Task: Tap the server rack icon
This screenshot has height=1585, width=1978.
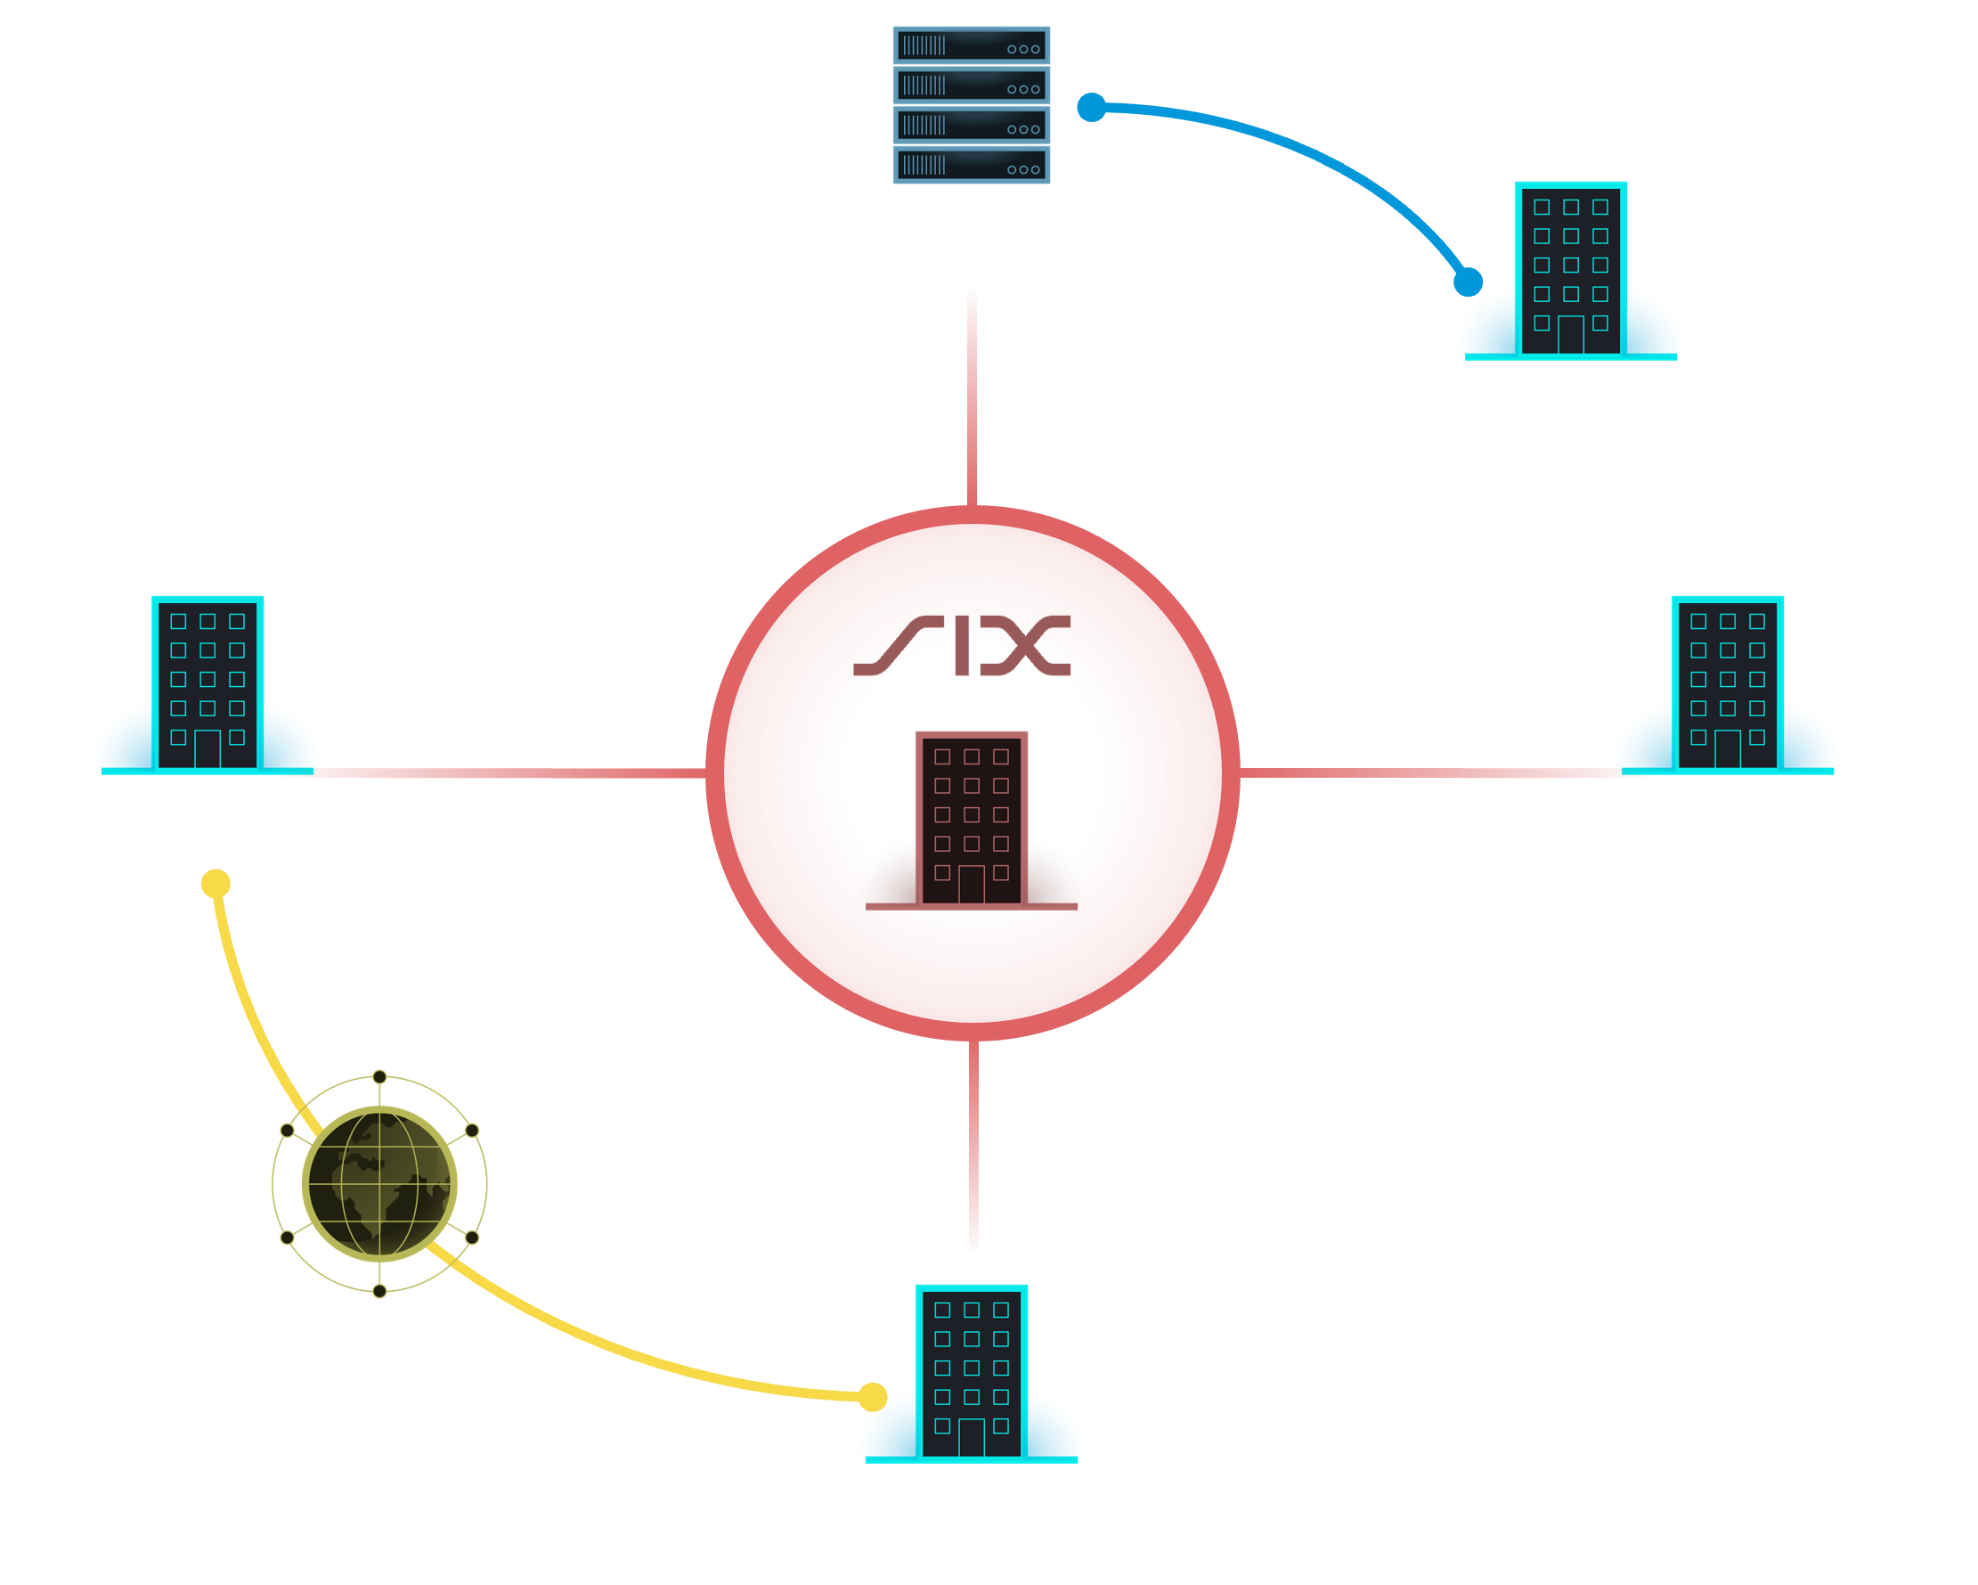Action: point(971,104)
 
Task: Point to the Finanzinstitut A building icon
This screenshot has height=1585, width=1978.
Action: point(207,683)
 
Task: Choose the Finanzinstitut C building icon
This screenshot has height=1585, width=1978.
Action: point(1727,683)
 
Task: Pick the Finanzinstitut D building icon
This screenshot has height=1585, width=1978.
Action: point(971,1373)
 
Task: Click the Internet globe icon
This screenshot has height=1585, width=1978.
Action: point(379,1183)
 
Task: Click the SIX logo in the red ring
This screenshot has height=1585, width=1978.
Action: point(962,646)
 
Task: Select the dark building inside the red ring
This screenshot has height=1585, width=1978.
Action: point(971,818)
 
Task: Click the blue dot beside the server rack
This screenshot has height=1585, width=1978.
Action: point(1091,108)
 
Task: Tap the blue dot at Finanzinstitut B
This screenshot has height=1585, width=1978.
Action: point(1468,282)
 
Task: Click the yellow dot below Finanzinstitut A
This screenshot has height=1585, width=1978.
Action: point(216,884)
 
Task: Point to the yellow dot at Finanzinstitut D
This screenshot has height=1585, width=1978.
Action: point(873,1398)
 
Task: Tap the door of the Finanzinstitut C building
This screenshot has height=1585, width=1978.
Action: point(1727,749)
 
